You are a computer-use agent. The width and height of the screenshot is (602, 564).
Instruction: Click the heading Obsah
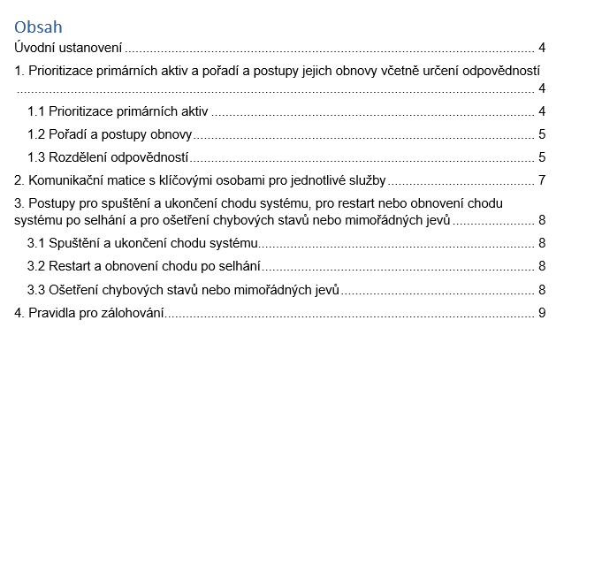coord(38,27)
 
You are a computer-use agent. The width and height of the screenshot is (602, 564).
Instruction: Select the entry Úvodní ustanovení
coord(68,48)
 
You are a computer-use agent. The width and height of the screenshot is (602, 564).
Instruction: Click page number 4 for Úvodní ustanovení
coord(542,48)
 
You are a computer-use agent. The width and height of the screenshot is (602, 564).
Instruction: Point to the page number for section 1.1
coord(542,111)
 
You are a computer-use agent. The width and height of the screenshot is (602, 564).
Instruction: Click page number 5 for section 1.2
coord(542,134)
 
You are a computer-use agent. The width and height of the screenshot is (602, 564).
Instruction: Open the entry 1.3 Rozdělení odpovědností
coord(108,157)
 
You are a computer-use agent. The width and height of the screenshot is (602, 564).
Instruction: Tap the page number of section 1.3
coord(542,157)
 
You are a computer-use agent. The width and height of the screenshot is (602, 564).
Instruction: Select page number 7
coord(542,180)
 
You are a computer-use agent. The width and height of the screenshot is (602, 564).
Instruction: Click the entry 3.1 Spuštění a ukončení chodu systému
coord(141,243)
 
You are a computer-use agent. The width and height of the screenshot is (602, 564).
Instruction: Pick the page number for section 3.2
coord(542,266)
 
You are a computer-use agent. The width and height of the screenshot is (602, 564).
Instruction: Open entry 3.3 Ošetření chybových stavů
coord(183,289)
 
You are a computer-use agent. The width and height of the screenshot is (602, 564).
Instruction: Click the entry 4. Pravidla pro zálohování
coord(89,313)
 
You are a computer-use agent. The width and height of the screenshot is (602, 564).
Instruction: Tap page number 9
coord(542,313)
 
